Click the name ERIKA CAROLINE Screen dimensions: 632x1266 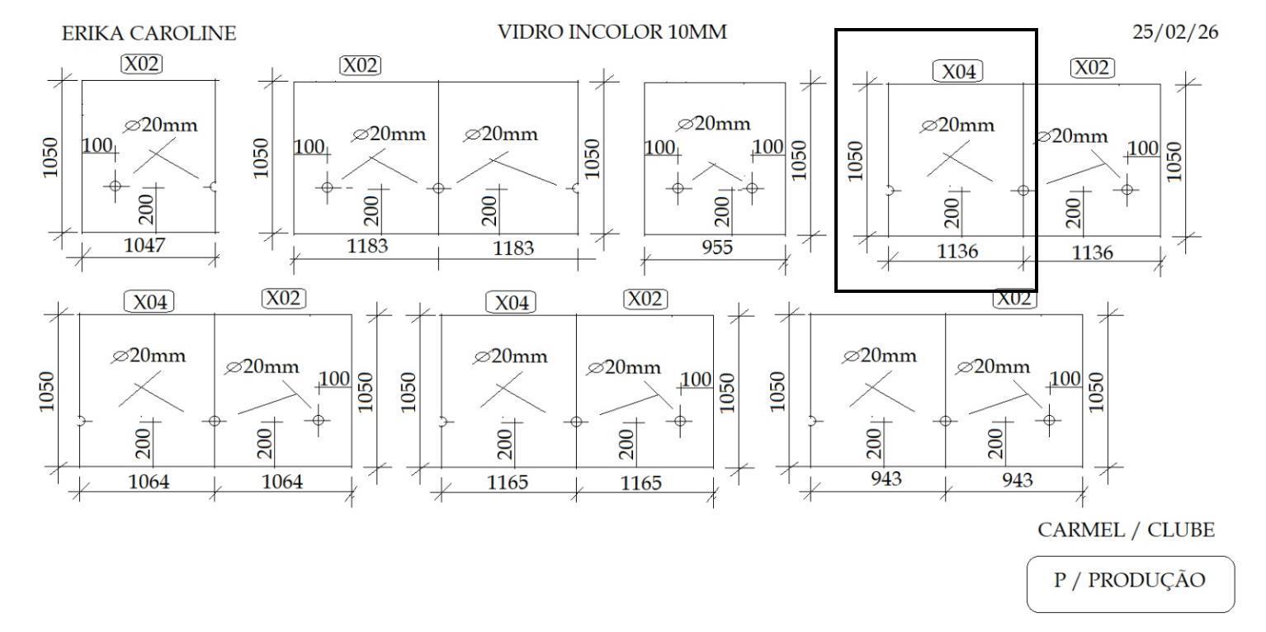point(149,34)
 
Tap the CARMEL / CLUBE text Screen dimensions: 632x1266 point(1127,531)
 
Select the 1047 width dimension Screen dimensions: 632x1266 point(145,245)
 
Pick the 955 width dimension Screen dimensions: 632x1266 point(716,247)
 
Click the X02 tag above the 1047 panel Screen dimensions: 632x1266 point(142,64)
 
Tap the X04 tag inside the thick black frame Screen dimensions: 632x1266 point(957,72)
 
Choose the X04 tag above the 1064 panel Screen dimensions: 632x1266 point(149,303)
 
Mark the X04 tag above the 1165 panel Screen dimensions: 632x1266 point(511,303)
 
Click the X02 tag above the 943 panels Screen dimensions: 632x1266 point(1014,299)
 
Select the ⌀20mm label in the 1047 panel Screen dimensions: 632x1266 point(162,125)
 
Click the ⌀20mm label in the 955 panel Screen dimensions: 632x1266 point(715,124)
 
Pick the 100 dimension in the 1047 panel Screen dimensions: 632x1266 point(97,146)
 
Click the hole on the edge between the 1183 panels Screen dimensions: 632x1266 point(438,187)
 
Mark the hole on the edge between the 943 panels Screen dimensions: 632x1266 point(945,420)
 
